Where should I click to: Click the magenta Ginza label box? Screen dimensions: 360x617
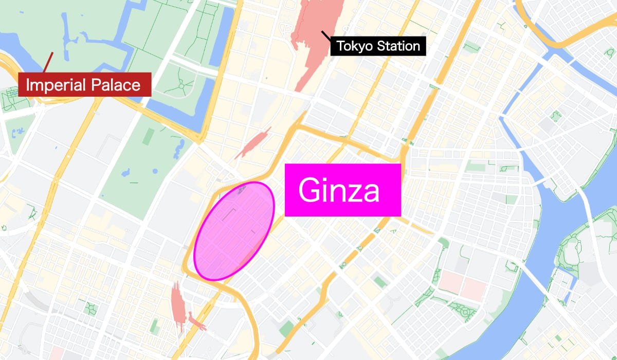point(342,190)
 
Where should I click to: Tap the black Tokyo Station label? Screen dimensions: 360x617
point(378,46)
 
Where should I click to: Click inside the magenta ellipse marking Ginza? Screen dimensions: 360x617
point(234,231)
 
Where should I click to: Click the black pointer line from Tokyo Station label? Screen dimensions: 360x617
point(326,36)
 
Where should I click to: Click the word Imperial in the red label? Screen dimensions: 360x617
point(55,85)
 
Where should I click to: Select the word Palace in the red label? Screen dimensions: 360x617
point(114,85)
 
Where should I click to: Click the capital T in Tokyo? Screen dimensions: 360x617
point(340,46)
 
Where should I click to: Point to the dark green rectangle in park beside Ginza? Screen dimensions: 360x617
point(148,136)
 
